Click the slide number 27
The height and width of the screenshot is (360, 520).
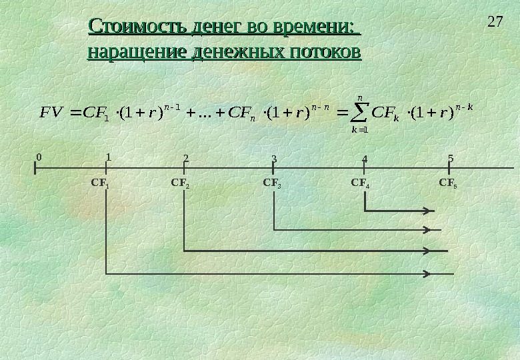[494, 22]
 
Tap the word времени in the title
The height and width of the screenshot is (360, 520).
[307, 28]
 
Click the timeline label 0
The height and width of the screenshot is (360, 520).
[39, 157]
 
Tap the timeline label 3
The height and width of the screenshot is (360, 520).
[273, 159]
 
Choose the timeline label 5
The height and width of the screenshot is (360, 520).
[451, 158]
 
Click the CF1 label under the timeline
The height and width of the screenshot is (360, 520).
[100, 181]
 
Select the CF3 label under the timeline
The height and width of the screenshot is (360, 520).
[272, 181]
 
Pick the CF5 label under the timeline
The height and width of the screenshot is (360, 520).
[448, 181]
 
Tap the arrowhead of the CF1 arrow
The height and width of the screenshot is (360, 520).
[427, 273]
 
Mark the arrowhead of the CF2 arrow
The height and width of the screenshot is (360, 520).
[427, 251]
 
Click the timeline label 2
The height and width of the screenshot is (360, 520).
[186, 159]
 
